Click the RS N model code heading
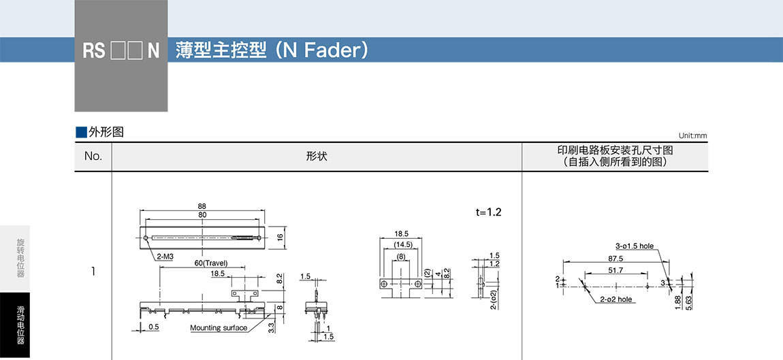pyautogui.click(x=121, y=51)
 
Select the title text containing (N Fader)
pyautogui.click(x=272, y=50)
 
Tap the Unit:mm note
pyautogui.click(x=692, y=135)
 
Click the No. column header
pyautogui.click(x=93, y=157)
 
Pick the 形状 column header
pyautogui.click(x=317, y=157)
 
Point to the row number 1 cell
pyautogui.click(x=93, y=272)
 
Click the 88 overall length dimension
pyautogui.click(x=202, y=206)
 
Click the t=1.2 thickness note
pyautogui.click(x=488, y=212)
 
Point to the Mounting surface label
pyautogui.click(x=218, y=328)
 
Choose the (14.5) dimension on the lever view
pyautogui.click(x=402, y=244)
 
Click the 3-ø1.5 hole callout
pyautogui.click(x=633, y=246)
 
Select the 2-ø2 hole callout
pyautogui.click(x=616, y=299)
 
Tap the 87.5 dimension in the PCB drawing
pyautogui.click(x=616, y=259)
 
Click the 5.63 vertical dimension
pyautogui.click(x=690, y=302)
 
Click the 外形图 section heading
pyautogui.click(x=99, y=132)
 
